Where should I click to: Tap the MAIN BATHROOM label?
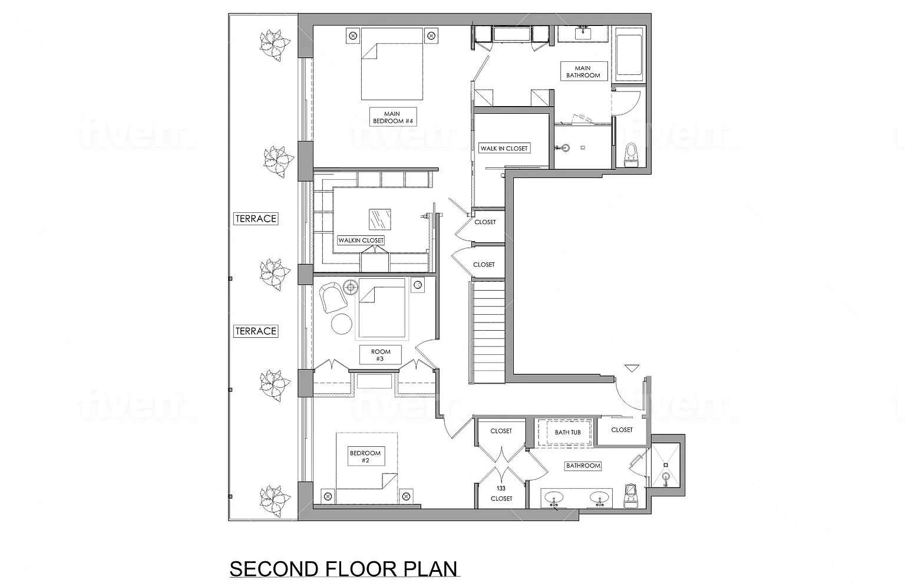click(583, 71)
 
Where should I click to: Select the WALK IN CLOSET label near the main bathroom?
click(504, 149)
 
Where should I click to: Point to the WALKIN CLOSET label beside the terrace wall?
click(361, 241)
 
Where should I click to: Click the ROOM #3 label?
click(380, 355)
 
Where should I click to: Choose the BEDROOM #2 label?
click(366, 456)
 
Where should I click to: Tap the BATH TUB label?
click(567, 433)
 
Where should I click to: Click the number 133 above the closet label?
click(501, 488)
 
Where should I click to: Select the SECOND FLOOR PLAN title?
click(343, 569)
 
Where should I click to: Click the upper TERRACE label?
click(256, 219)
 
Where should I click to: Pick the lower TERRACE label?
click(256, 331)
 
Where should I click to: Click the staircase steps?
click(488, 332)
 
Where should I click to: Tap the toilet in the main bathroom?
click(630, 155)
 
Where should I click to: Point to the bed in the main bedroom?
click(392, 64)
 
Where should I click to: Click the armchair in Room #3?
click(332, 297)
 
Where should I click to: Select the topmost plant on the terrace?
click(275, 45)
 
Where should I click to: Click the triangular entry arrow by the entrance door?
click(632, 368)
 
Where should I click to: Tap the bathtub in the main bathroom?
click(629, 55)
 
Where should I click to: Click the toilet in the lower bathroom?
click(630, 495)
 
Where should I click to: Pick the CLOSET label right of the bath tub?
click(622, 430)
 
